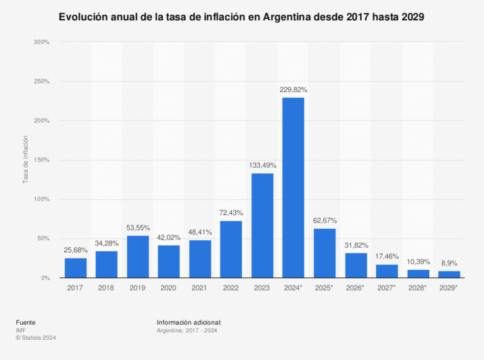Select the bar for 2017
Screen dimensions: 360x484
pos(76,268)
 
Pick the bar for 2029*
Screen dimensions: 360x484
pos(449,274)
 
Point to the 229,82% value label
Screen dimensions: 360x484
pos(293,90)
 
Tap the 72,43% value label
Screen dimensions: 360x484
pos(231,213)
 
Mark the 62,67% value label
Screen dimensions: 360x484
pos(325,221)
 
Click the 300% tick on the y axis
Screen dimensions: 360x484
pos(42,42)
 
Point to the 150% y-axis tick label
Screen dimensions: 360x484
pos(42,160)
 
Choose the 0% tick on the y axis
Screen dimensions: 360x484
pos(45,278)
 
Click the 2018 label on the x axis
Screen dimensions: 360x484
pos(107,288)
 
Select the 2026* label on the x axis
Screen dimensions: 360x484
pos(355,288)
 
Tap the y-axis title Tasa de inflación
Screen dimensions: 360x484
pos(26,160)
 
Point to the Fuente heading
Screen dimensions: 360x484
pos(26,322)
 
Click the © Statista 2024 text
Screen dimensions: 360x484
pos(37,337)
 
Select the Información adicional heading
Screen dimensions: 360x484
pos(189,322)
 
